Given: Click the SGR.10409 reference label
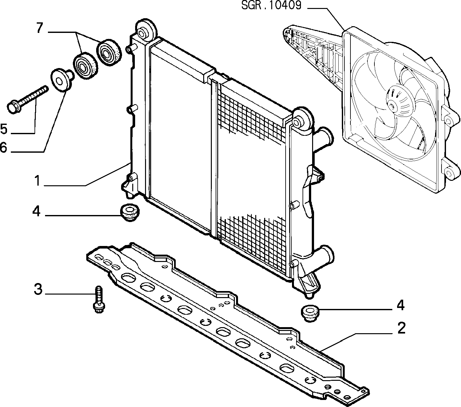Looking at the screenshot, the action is pos(271,5).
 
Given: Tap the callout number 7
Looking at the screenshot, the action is pos(40,28).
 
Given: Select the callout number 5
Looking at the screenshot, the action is pos(4,129).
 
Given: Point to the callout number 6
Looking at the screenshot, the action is pos(4,148).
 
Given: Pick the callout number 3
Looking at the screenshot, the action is pos(38,289).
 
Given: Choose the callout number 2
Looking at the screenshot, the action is pos(402,328).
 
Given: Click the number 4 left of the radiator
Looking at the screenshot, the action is pos(36,211).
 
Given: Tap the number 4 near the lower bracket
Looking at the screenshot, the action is pos(401,305).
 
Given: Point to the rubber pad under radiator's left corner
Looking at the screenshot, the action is pos(130,212).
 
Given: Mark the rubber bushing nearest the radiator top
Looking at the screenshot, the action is pos(109,53).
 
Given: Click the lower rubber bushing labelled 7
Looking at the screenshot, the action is pos(86,66).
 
